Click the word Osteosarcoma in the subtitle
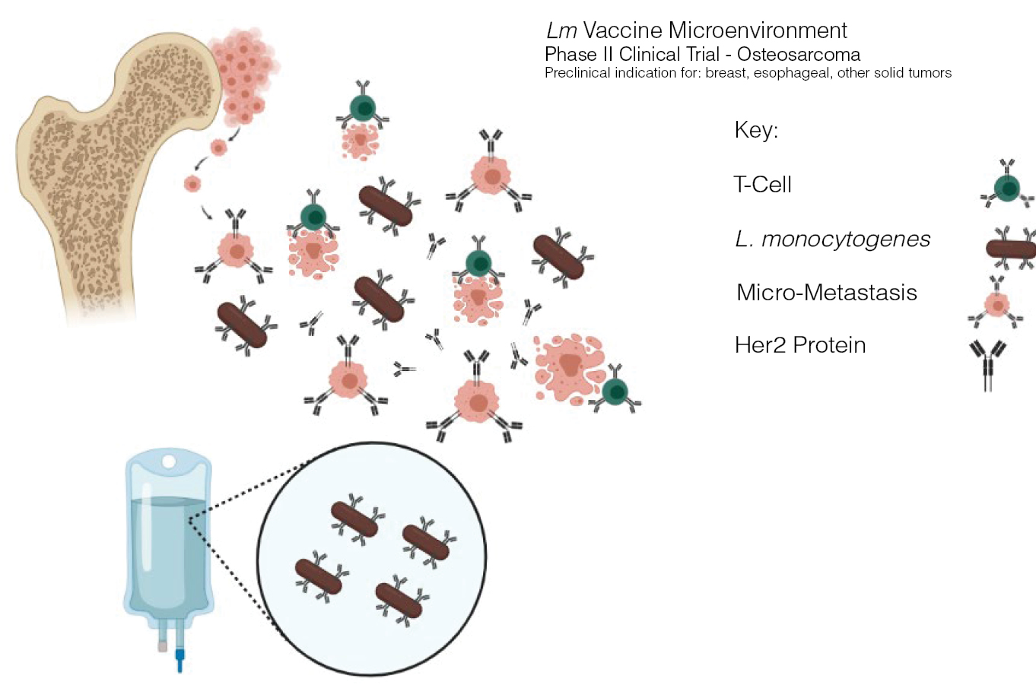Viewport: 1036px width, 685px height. point(799,55)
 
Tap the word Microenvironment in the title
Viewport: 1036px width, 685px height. point(758,30)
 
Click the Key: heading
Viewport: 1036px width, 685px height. point(757,130)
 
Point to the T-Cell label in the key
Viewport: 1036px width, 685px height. point(763,185)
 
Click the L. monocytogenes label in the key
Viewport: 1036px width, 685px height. point(832,239)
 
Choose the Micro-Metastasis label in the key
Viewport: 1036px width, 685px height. point(827,293)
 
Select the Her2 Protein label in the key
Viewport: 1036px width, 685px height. point(800,345)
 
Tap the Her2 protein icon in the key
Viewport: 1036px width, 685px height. point(987,366)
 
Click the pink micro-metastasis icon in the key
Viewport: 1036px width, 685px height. point(996,304)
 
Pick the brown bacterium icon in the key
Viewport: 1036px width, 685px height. point(1011,249)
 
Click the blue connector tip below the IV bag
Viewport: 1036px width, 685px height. point(180,661)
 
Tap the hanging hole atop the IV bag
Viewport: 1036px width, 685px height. point(170,461)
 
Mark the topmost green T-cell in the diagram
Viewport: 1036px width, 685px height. point(363,108)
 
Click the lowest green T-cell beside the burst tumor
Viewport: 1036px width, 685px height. point(615,391)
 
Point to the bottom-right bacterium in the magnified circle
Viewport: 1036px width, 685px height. point(399,601)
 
